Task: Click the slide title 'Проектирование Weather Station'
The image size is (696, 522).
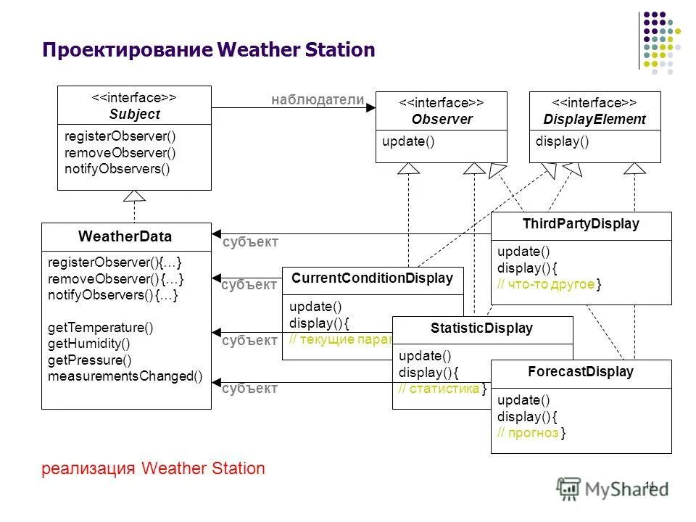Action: [x=209, y=50]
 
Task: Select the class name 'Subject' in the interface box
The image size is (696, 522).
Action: [x=134, y=115]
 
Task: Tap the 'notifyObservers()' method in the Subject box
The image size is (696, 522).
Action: [x=117, y=170]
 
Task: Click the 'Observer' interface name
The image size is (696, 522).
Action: [x=442, y=120]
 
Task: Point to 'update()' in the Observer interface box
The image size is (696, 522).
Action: [x=408, y=141]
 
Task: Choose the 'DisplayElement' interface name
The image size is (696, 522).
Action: [x=594, y=120]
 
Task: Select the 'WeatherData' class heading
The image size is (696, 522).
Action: [x=125, y=236]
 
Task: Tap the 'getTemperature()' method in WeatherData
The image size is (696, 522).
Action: [x=100, y=327]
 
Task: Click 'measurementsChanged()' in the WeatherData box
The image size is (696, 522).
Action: [x=125, y=377]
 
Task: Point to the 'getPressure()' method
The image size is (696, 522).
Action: [x=89, y=360]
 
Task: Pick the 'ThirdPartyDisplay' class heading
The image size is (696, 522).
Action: [x=581, y=224]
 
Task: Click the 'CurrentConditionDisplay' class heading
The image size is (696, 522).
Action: [x=372, y=278]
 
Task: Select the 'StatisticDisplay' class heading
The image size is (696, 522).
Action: [x=481, y=328]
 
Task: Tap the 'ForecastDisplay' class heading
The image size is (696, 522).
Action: [x=581, y=372]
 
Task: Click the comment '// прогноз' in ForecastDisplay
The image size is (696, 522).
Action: [x=528, y=433]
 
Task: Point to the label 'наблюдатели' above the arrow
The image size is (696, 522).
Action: [x=318, y=100]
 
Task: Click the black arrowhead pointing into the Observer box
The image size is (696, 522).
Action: [x=370, y=108]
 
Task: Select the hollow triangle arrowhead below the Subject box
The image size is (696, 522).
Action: [x=134, y=195]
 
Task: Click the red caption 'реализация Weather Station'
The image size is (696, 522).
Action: [x=154, y=468]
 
